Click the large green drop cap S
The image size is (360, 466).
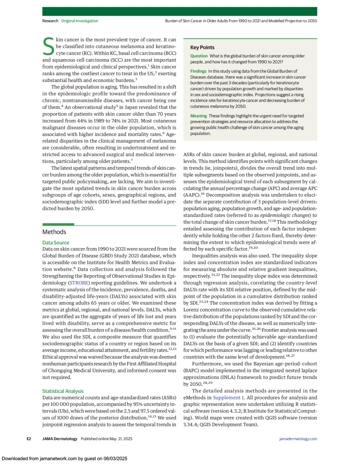click(48, 46)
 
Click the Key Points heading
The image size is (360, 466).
click(202, 47)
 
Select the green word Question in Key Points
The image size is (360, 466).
click(199, 56)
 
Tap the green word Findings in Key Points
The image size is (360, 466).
click(198, 71)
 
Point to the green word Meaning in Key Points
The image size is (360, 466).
click(198, 116)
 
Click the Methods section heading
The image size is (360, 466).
click(54, 232)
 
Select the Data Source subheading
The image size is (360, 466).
click(56, 243)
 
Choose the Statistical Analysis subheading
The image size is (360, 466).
click(63, 391)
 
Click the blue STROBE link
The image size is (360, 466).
click(79, 283)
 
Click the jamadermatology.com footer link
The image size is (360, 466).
click(298, 439)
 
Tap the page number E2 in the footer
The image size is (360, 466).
click(29, 439)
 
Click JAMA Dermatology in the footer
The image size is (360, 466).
click(60, 439)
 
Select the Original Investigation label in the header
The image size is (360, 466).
click(79, 21)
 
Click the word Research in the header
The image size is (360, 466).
click(50, 21)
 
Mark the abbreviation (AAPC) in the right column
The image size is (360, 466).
click(191, 195)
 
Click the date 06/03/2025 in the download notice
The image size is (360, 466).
click(115, 459)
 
